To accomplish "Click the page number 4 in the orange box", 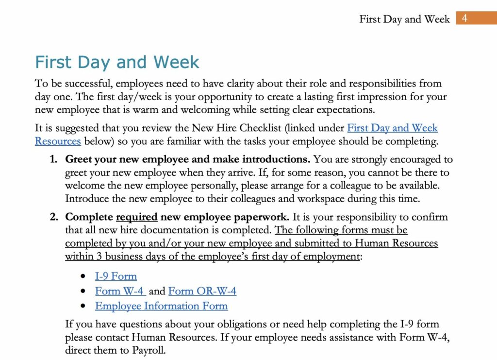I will [x=464, y=19].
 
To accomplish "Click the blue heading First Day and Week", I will [x=117, y=62].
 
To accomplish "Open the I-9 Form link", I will [x=116, y=276].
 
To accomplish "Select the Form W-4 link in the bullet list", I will [x=120, y=291].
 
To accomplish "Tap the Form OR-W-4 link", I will [x=202, y=291].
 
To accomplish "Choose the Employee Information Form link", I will [x=161, y=306].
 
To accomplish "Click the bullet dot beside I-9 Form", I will [x=84, y=277].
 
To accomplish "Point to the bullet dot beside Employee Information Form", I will [x=84, y=307].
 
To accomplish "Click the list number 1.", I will [x=54, y=159].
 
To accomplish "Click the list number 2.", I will [x=54, y=217].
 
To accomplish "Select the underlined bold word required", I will [x=137, y=217].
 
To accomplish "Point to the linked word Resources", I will [x=58, y=141].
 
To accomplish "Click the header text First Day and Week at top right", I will [x=404, y=19].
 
